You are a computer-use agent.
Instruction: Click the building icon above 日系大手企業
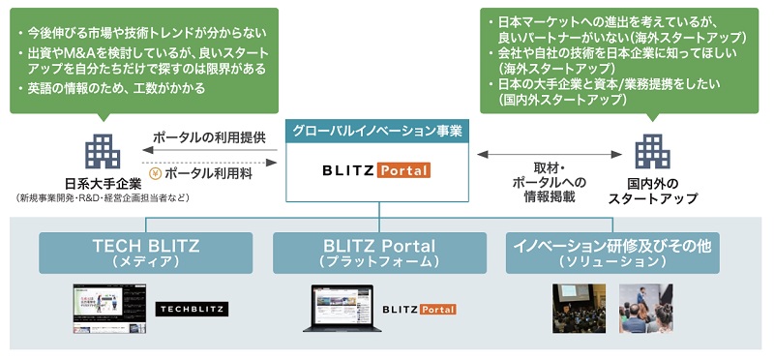102,151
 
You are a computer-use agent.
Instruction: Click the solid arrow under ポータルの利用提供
208,151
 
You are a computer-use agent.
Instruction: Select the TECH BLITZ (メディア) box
145,253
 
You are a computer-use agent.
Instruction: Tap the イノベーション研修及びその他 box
612,253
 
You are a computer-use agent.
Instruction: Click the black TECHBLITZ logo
191,310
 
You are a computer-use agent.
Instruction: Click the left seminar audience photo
579,309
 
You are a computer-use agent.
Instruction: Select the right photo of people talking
645,309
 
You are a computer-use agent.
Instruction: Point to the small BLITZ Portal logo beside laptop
418,310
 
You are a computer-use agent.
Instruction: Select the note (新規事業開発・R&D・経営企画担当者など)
103,198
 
